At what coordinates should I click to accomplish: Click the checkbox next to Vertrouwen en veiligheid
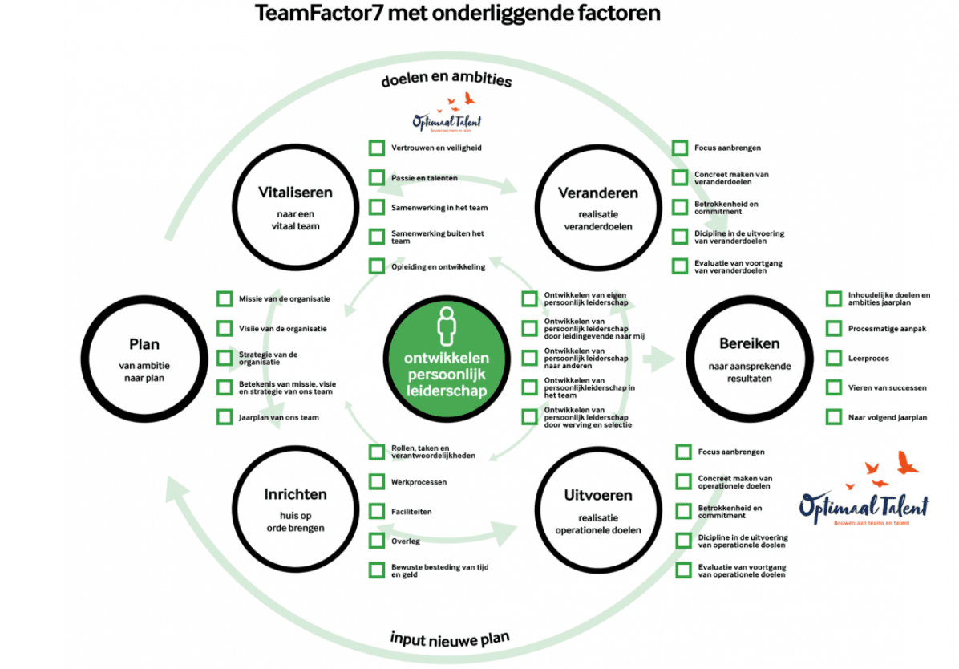[377, 148]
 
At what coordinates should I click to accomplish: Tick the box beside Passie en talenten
[377, 177]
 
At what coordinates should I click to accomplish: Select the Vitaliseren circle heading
[295, 193]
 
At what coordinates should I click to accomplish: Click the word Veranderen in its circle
[598, 193]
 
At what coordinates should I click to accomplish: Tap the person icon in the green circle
[447, 326]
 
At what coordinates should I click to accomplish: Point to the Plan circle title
[144, 345]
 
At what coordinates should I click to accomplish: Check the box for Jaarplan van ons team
[225, 417]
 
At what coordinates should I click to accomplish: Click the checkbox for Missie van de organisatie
[225, 298]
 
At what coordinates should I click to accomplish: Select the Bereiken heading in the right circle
[749, 344]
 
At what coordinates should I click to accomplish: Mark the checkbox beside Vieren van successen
[834, 387]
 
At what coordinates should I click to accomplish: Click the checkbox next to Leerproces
[834, 358]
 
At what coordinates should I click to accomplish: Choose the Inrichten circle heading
[295, 495]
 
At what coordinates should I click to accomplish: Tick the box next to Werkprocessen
[377, 482]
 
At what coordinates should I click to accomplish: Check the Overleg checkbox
[377, 541]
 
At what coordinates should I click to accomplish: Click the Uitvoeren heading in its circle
[598, 495]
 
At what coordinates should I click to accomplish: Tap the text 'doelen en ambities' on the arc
[447, 79]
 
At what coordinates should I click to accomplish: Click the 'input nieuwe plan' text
[450, 639]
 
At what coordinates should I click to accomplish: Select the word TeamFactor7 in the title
[318, 13]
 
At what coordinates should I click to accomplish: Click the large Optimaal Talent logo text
[864, 505]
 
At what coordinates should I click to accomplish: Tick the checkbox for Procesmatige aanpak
[834, 329]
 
